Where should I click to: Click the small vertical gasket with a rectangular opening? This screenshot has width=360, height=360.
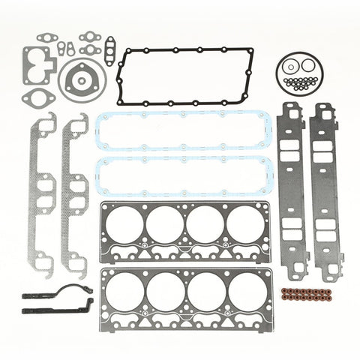109,51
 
